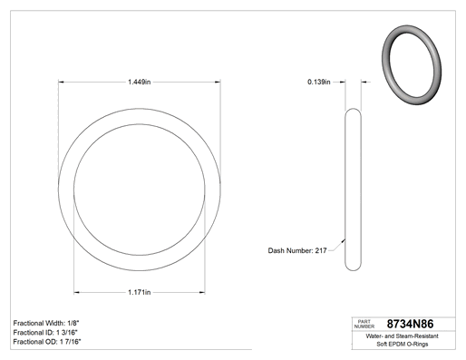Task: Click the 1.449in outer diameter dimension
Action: pyautogui.click(x=139, y=82)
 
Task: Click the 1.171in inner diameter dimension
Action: pyautogui.click(x=139, y=292)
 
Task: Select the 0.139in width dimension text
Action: pyautogui.click(x=319, y=82)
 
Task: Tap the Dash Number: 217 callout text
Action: pyautogui.click(x=297, y=250)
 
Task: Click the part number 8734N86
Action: pyautogui.click(x=410, y=324)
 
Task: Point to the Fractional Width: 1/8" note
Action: pyautogui.click(x=46, y=323)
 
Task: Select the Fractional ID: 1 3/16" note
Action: pyautogui.click(x=45, y=333)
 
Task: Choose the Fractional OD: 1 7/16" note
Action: pyautogui.click(x=47, y=342)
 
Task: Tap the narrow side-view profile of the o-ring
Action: pyautogui.click(x=353, y=190)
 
